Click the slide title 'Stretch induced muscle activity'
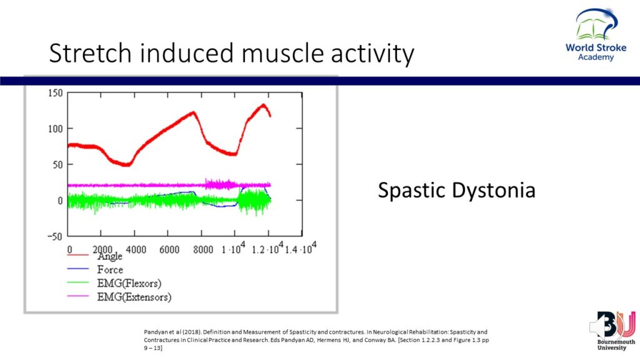pos(231,54)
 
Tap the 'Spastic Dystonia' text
pos(456,189)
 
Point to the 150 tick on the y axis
pos(56,93)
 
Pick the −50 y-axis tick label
pos(54,236)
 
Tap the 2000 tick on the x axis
pos(102,249)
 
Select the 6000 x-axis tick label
pos(169,249)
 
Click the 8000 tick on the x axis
pos(203,249)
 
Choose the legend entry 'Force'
pos(110,270)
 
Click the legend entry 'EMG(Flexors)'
pos(129,284)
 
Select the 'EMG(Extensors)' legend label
pos(134,297)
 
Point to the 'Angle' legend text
pos(110,256)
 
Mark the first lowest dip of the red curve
pos(126,165)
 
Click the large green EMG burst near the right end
pos(252,201)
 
